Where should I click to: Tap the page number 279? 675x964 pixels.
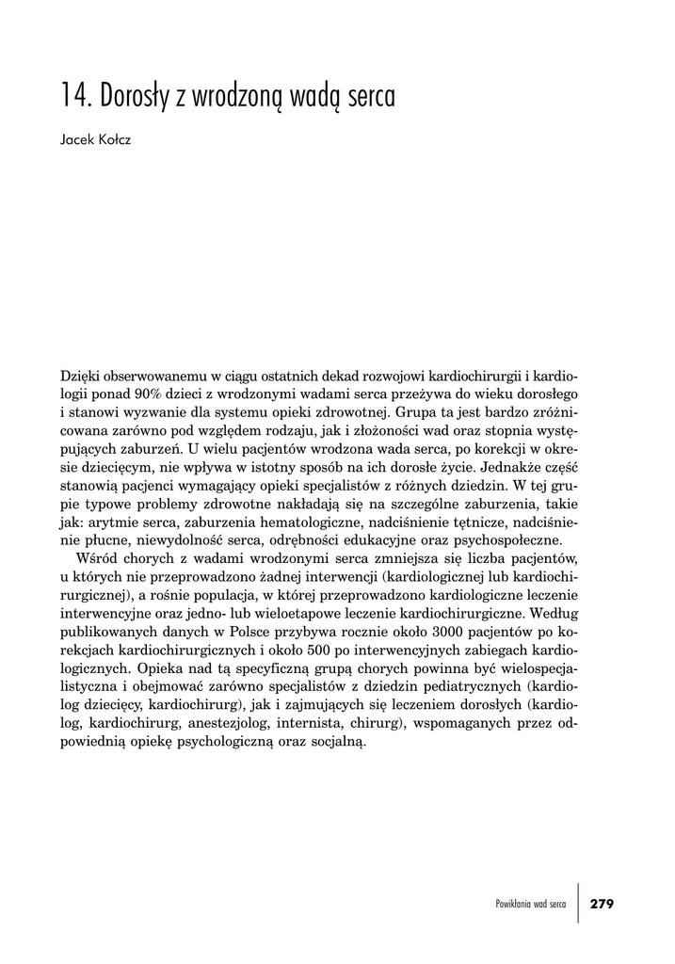601,904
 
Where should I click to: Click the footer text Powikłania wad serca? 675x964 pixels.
530,904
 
